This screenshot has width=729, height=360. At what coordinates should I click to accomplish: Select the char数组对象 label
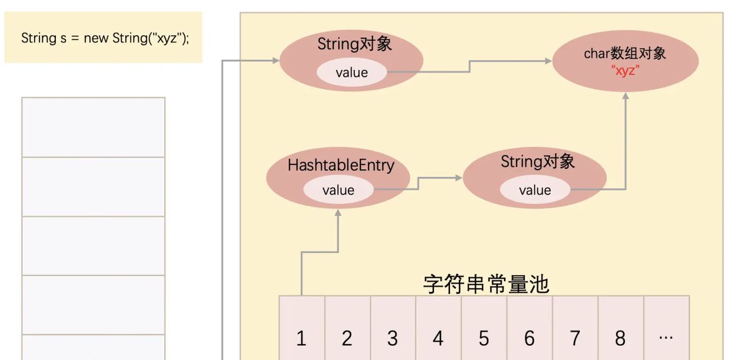coord(625,54)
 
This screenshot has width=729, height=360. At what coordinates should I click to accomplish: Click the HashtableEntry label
coord(341,165)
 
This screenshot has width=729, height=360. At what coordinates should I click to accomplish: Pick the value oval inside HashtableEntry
coord(338,190)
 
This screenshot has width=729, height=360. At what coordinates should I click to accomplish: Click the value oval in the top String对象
coord(351,72)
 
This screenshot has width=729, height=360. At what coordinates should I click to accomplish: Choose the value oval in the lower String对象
coord(535,190)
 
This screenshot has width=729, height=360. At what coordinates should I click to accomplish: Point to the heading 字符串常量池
coord(486,283)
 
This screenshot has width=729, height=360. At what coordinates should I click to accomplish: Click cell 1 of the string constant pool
coord(301,338)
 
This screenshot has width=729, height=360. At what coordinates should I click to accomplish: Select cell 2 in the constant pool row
coord(347,338)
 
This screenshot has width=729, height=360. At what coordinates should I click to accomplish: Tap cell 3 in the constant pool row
coord(392,338)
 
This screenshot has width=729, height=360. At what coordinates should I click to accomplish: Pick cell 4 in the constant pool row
coord(438,338)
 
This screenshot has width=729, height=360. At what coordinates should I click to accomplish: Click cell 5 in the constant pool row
coord(484,338)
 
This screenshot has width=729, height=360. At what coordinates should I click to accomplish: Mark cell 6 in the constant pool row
coord(529,338)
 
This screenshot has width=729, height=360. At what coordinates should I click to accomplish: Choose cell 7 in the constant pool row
coord(575,338)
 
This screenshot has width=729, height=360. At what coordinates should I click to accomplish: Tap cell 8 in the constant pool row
coord(620,338)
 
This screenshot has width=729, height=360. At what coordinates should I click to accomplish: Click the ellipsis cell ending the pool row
coord(666,338)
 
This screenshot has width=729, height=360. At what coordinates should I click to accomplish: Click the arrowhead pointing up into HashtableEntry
coord(338,212)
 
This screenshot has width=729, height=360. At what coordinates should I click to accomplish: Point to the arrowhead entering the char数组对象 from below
coord(625,96)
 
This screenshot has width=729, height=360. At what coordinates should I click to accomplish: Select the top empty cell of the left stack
coord(93,127)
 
